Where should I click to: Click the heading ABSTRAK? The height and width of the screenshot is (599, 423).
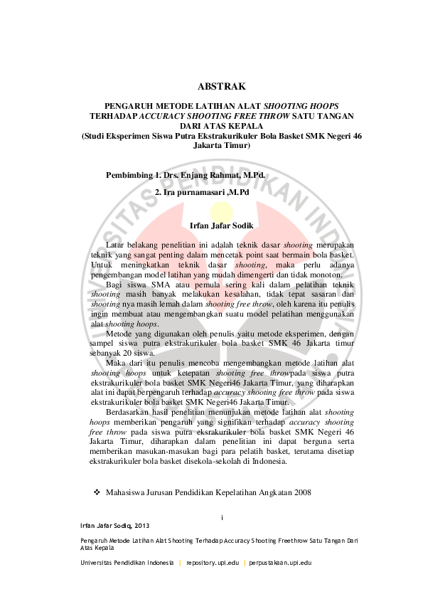point(221,88)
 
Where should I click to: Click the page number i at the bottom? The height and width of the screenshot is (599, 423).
point(222,517)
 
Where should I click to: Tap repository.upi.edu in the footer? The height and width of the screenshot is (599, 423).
point(213,563)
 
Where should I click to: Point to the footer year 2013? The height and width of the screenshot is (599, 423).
point(142,526)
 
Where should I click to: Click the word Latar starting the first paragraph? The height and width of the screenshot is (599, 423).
point(115,245)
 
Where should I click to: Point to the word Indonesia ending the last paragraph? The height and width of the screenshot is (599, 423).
point(269,461)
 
